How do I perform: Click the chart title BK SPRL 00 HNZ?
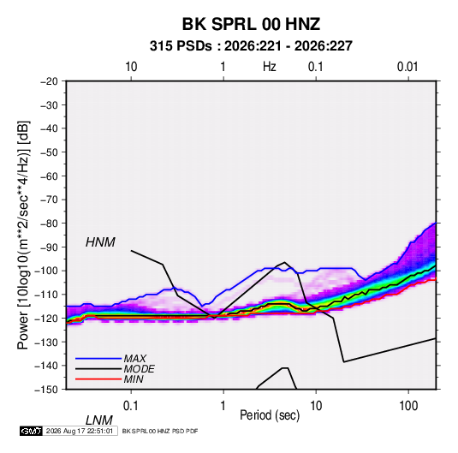[251, 24]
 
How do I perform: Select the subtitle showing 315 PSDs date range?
[251, 46]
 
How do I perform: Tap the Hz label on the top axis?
[269, 67]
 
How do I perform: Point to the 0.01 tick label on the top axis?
[407, 67]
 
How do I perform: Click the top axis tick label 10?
[131, 67]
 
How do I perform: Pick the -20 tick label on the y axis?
[49, 81]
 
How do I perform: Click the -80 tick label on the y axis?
[49, 224]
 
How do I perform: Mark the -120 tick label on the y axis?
[46, 318]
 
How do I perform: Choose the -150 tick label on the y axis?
[46, 389]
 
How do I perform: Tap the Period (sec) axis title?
[270, 415]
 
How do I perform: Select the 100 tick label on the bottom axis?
[408, 406]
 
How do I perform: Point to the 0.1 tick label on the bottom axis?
[130, 406]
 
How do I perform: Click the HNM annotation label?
[100, 242]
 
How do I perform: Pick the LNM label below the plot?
[99, 420]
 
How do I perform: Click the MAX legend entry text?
[135, 359]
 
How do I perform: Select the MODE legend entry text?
[139, 369]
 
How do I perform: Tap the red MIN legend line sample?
[98, 379]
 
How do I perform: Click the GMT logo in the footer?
[31, 431]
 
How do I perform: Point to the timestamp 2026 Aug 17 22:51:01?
[80, 431]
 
